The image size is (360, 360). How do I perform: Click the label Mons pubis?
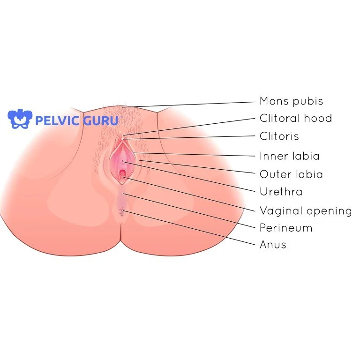pos(291,101)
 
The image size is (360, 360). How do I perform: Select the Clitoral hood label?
pos(295,119)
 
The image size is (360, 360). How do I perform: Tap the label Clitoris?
pos(279,136)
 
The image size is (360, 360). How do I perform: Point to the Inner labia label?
pos(289,156)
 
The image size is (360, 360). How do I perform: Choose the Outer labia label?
pos(291,174)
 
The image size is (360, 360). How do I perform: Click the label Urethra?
pos(281,192)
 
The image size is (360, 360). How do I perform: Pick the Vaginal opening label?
pos(305,211)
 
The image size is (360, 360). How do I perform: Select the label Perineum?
pos(285,228)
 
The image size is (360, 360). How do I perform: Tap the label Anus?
pos(273,245)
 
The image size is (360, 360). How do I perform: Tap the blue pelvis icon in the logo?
pos(20,119)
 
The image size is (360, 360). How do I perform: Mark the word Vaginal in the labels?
pos(280,211)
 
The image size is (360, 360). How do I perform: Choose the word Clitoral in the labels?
pos(280,119)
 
